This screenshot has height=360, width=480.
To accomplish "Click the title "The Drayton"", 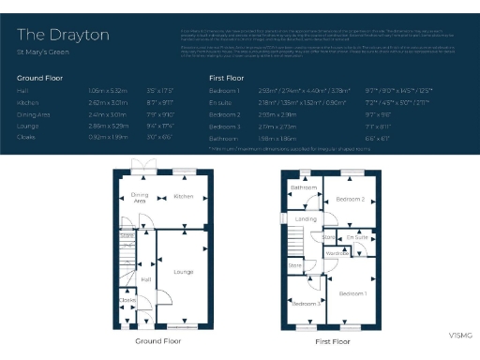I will click(x=63, y=35).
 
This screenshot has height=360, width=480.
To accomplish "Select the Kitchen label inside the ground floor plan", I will click(x=184, y=196).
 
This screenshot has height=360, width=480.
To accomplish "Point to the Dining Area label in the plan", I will click(x=139, y=197).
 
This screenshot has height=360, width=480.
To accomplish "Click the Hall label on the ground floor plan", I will click(x=146, y=278).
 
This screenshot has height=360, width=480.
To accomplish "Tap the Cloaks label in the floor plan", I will click(x=127, y=300).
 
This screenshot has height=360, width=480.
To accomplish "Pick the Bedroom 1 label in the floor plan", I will click(x=352, y=293).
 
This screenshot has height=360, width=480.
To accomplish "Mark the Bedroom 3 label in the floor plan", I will click(x=304, y=304).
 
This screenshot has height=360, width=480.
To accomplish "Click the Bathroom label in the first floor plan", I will click(x=303, y=187).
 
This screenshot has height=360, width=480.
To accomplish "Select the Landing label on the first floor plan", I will click(x=307, y=218).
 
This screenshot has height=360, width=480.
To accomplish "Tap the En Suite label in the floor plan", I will click(x=356, y=238).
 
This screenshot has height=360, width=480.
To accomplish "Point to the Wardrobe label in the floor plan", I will click(x=337, y=254).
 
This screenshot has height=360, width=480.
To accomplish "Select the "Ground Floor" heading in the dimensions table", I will click(x=40, y=77).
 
